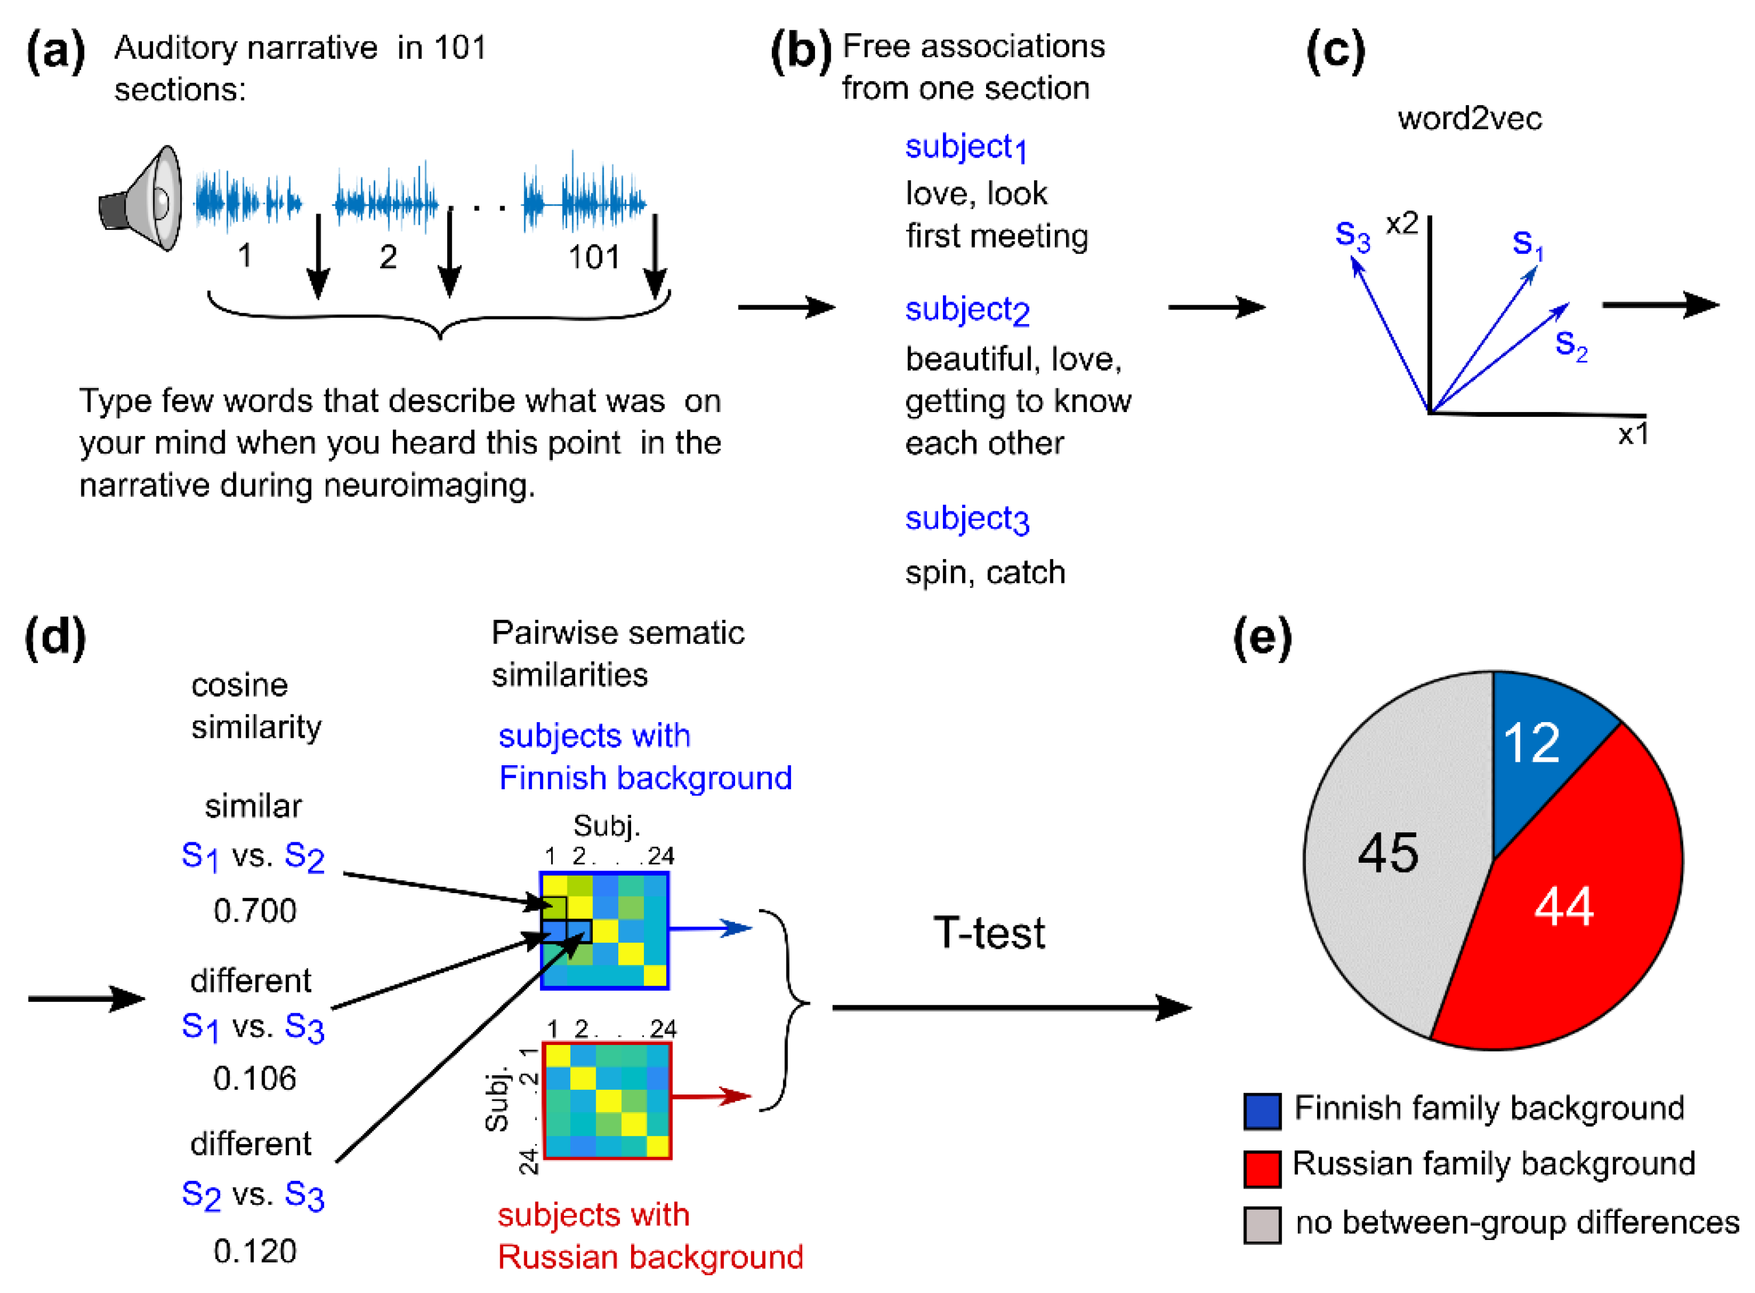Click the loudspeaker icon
(142, 200)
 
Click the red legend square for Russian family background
(1262, 1167)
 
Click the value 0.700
(255, 910)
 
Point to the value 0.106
(255, 1079)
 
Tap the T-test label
(988, 933)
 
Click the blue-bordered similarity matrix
(604, 930)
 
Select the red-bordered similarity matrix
(607, 1100)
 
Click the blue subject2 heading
(967, 311)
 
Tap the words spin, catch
(985, 572)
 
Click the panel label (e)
(1262, 638)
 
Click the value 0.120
(255, 1251)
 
